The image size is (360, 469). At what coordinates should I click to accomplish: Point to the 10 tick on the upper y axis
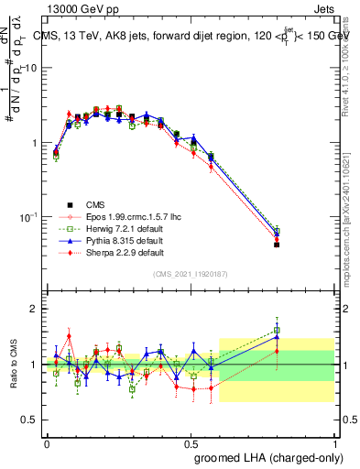coord(32,69)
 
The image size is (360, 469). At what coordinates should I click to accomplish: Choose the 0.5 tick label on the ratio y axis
coord(30,420)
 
